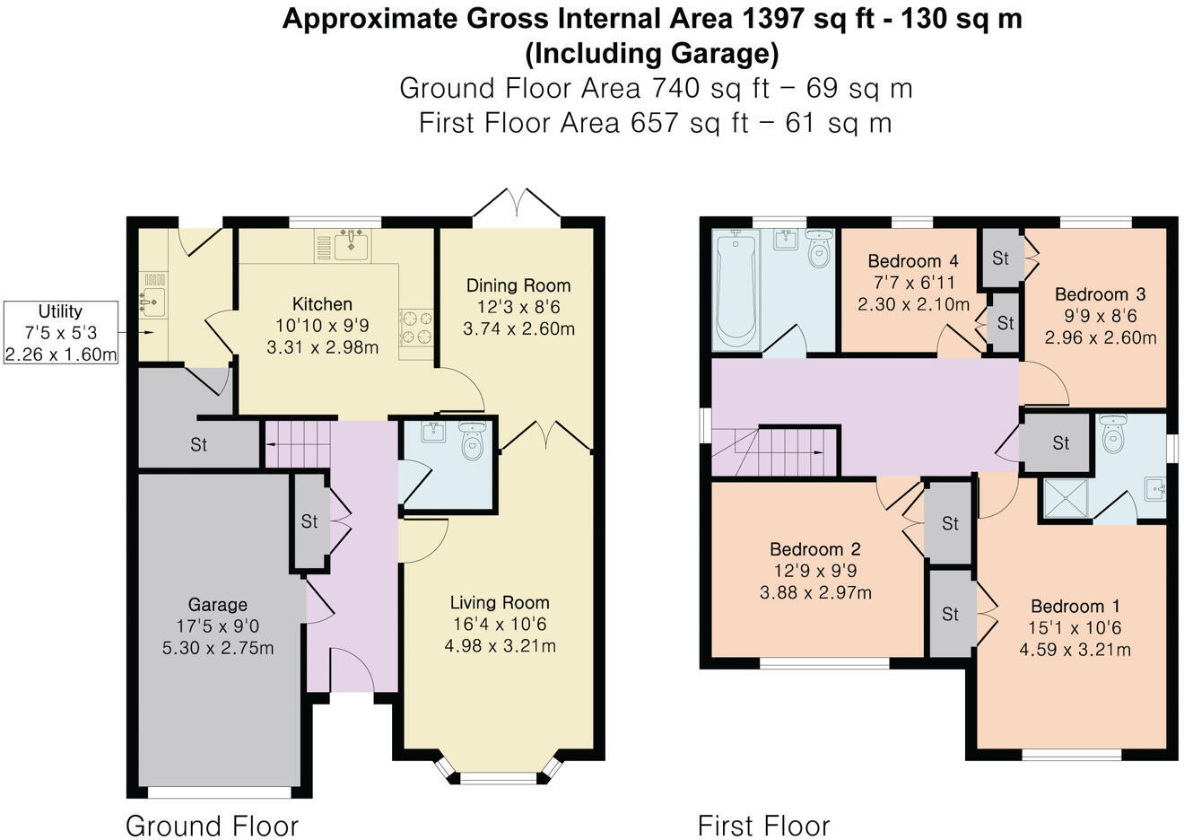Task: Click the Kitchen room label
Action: tap(322, 304)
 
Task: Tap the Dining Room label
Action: tap(518, 285)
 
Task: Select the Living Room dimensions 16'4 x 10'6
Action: tap(500, 625)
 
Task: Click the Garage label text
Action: tap(217, 604)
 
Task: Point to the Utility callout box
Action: tap(61, 332)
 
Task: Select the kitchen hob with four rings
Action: tap(416, 328)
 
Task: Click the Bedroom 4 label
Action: tap(913, 261)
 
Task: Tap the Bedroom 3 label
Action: tap(1100, 294)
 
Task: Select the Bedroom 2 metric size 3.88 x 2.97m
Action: tap(815, 592)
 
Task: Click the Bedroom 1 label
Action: tap(1075, 606)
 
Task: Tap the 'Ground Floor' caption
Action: tap(212, 826)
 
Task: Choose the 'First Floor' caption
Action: tap(763, 826)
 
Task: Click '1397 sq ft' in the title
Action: tap(809, 19)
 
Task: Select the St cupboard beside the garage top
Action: tap(198, 444)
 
